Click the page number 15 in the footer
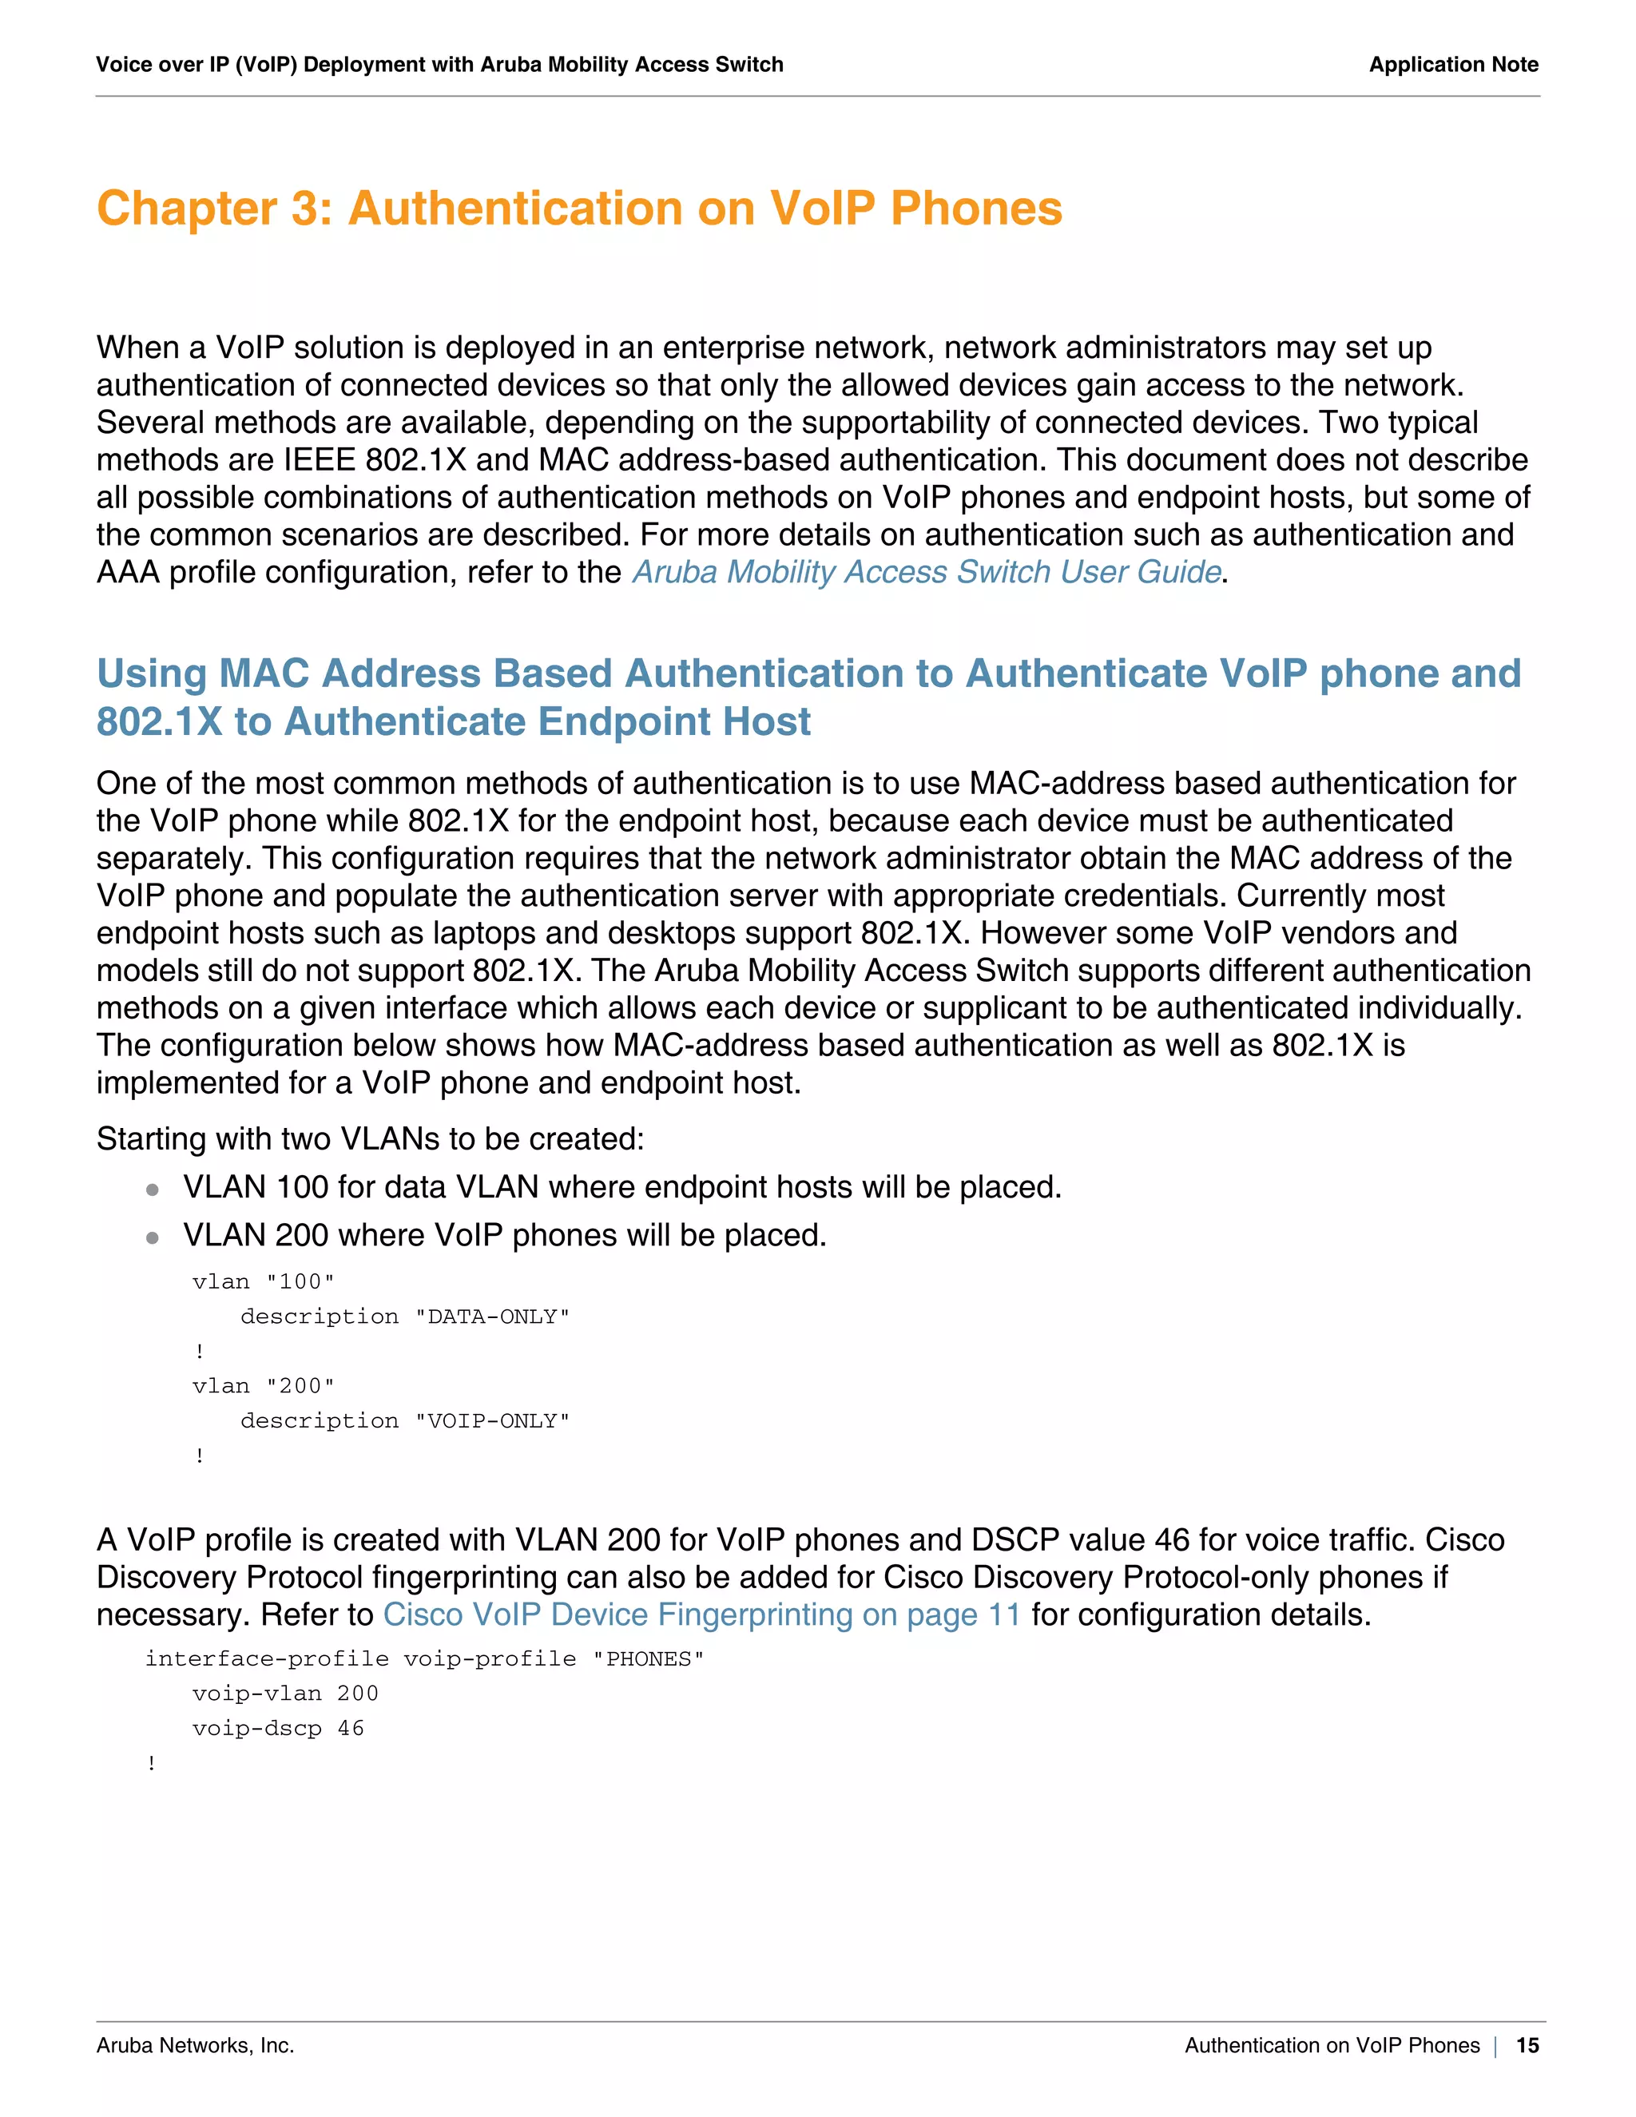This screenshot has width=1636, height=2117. point(1527,2045)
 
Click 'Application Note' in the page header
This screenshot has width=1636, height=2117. point(1453,65)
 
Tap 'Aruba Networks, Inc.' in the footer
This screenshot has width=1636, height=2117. point(195,2045)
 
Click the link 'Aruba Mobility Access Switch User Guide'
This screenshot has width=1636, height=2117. point(926,572)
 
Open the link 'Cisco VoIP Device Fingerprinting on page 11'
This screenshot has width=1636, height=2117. point(701,1615)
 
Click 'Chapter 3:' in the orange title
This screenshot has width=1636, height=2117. point(214,209)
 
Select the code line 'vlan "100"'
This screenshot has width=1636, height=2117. point(263,1281)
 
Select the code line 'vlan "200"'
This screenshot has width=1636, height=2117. point(263,1386)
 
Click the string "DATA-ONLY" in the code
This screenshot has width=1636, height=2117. point(492,1317)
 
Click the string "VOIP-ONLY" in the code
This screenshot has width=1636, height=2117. point(492,1421)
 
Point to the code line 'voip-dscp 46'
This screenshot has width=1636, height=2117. point(278,1728)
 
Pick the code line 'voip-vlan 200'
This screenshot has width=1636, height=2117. point(285,1694)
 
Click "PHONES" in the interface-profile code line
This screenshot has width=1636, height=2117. point(649,1658)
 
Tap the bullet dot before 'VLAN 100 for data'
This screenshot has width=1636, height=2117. point(152,1190)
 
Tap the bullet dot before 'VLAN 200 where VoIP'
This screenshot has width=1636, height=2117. point(152,1237)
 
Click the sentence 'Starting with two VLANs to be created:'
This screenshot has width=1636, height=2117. point(370,1139)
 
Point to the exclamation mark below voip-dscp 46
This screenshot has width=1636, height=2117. point(152,1763)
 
